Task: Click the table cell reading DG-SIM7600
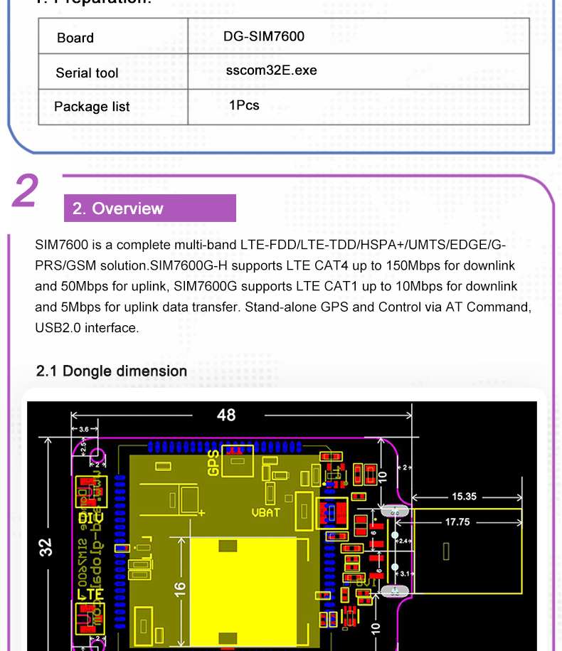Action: pos(263,36)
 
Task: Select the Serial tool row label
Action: pos(87,73)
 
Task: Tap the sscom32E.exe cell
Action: pos(271,70)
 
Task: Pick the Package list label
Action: pos(92,107)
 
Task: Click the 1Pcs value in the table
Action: pos(244,105)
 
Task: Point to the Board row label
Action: pos(75,38)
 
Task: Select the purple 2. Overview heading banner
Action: pos(149,208)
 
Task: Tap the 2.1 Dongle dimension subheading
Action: pos(112,371)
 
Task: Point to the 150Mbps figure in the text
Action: pos(395,265)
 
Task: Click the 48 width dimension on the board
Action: pos(226,415)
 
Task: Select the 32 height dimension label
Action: pos(46,546)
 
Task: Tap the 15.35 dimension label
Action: pos(464,497)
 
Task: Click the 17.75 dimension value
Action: pos(457,522)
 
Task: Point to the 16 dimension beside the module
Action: pos(180,589)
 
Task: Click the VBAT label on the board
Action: pos(266,512)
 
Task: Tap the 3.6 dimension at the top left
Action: pos(84,429)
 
